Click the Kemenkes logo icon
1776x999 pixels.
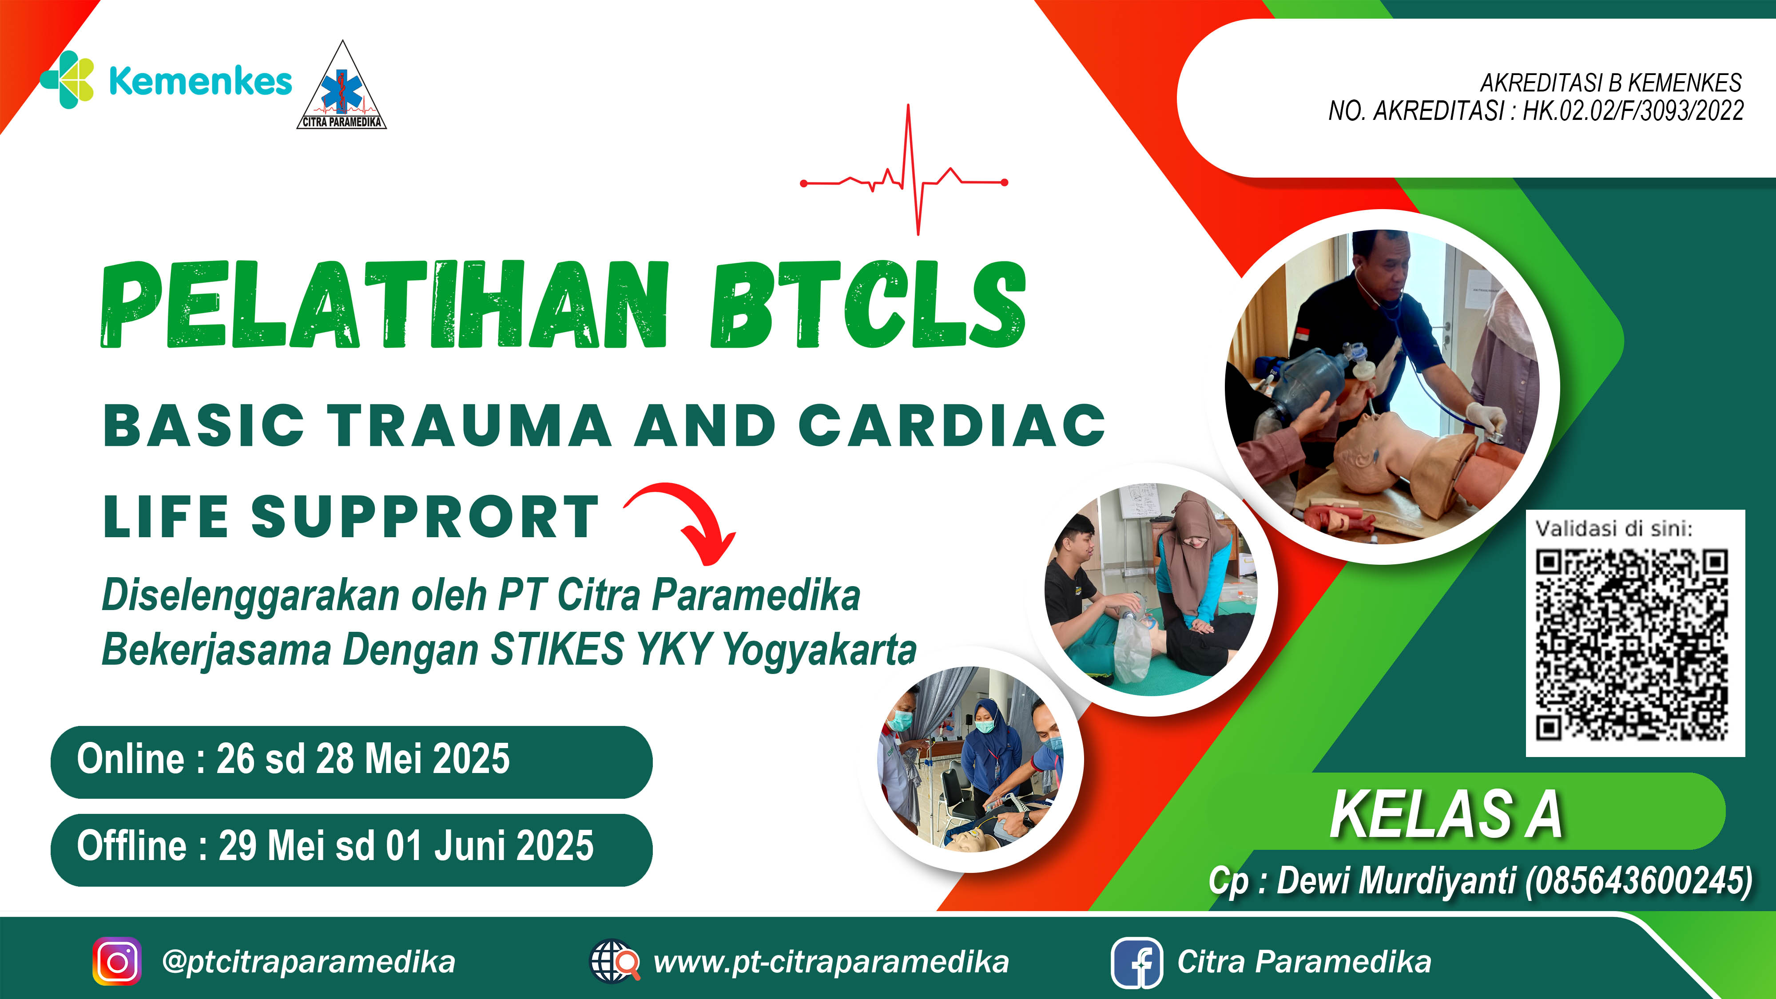[x=68, y=80]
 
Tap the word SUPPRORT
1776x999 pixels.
[x=425, y=517]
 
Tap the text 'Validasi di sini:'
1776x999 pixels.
[x=1613, y=529]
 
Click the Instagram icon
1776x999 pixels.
[x=117, y=961]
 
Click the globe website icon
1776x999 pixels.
[x=614, y=961]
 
